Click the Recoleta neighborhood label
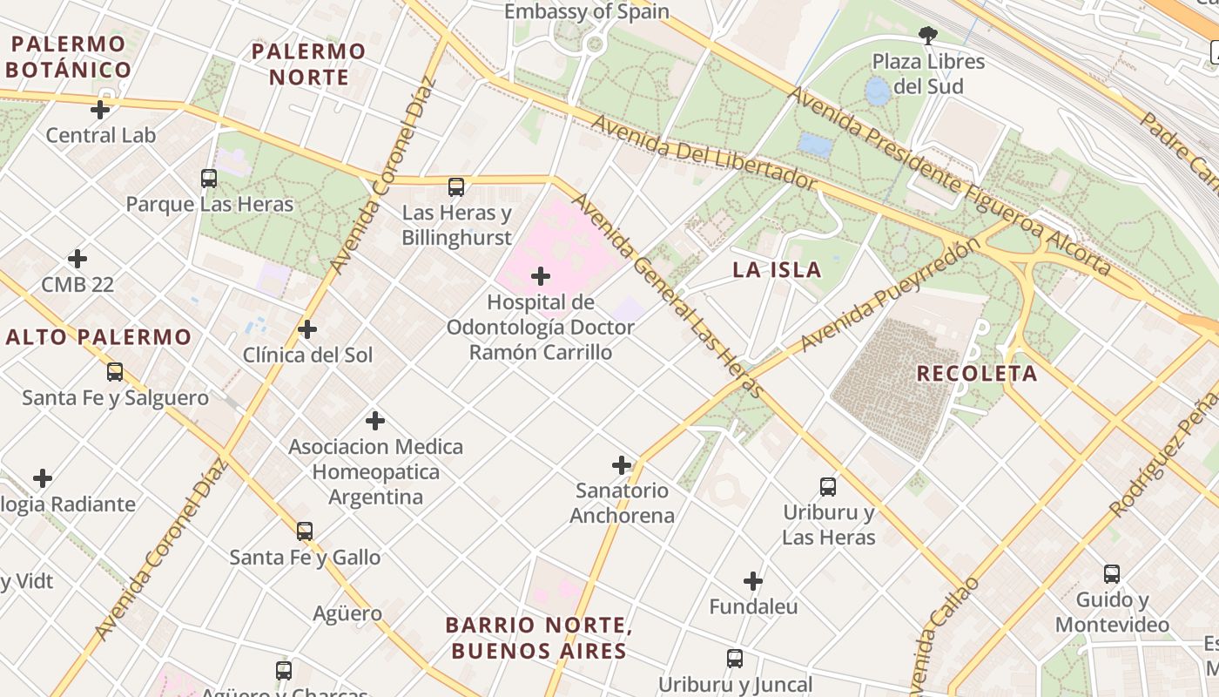(977, 374)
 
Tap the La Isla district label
(777, 269)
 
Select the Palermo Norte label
(308, 64)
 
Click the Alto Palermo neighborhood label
(98, 336)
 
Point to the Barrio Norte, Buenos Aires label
(536, 638)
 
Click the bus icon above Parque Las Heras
(209, 179)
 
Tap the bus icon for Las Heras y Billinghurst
(456, 186)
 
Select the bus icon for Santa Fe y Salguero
(115, 372)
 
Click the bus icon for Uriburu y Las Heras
(828, 486)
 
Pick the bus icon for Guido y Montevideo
(1112, 574)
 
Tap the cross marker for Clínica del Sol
(306, 329)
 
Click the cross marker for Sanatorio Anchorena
(622, 464)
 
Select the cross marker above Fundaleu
(753, 581)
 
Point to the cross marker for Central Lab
(100, 110)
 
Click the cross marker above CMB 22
(77, 259)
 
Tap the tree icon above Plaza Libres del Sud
(928, 36)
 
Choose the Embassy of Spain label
(587, 11)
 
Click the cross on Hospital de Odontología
(541, 276)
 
